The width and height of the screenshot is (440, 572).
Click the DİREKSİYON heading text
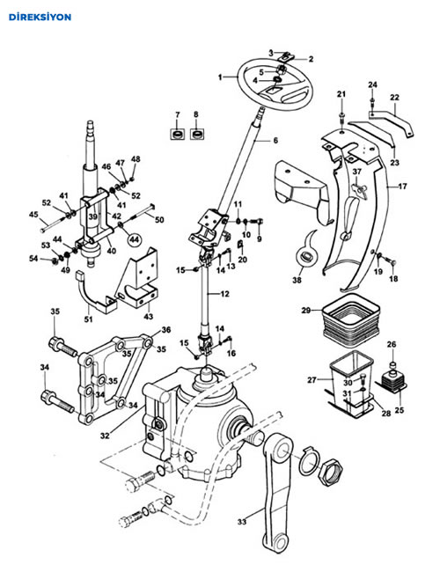pos(40,17)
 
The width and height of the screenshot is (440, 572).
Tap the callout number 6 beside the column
pos(275,141)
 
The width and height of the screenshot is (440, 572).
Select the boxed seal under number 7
pos(178,135)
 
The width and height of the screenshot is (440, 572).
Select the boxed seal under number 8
pos(197,135)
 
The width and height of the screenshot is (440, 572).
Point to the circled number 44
pos(135,239)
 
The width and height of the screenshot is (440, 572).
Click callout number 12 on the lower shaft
pos(225,294)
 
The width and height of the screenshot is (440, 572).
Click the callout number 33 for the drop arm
pos(242,522)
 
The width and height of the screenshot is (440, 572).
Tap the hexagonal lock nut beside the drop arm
pos(330,473)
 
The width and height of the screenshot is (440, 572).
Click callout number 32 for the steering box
pos(105,436)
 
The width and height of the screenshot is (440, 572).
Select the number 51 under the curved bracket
pos(88,319)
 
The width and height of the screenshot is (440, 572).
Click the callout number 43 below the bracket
pos(148,316)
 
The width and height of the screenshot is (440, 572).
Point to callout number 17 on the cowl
pos(402,187)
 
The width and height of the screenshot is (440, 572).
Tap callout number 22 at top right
pos(394,98)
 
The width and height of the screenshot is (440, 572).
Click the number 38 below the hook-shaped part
pos(297,280)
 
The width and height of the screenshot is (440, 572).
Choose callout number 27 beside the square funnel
pos(312,380)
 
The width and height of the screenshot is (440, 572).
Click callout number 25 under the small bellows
pos(400,410)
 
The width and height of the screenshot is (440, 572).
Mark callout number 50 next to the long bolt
pos(159,220)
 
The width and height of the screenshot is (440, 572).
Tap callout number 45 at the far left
pos(33,215)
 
